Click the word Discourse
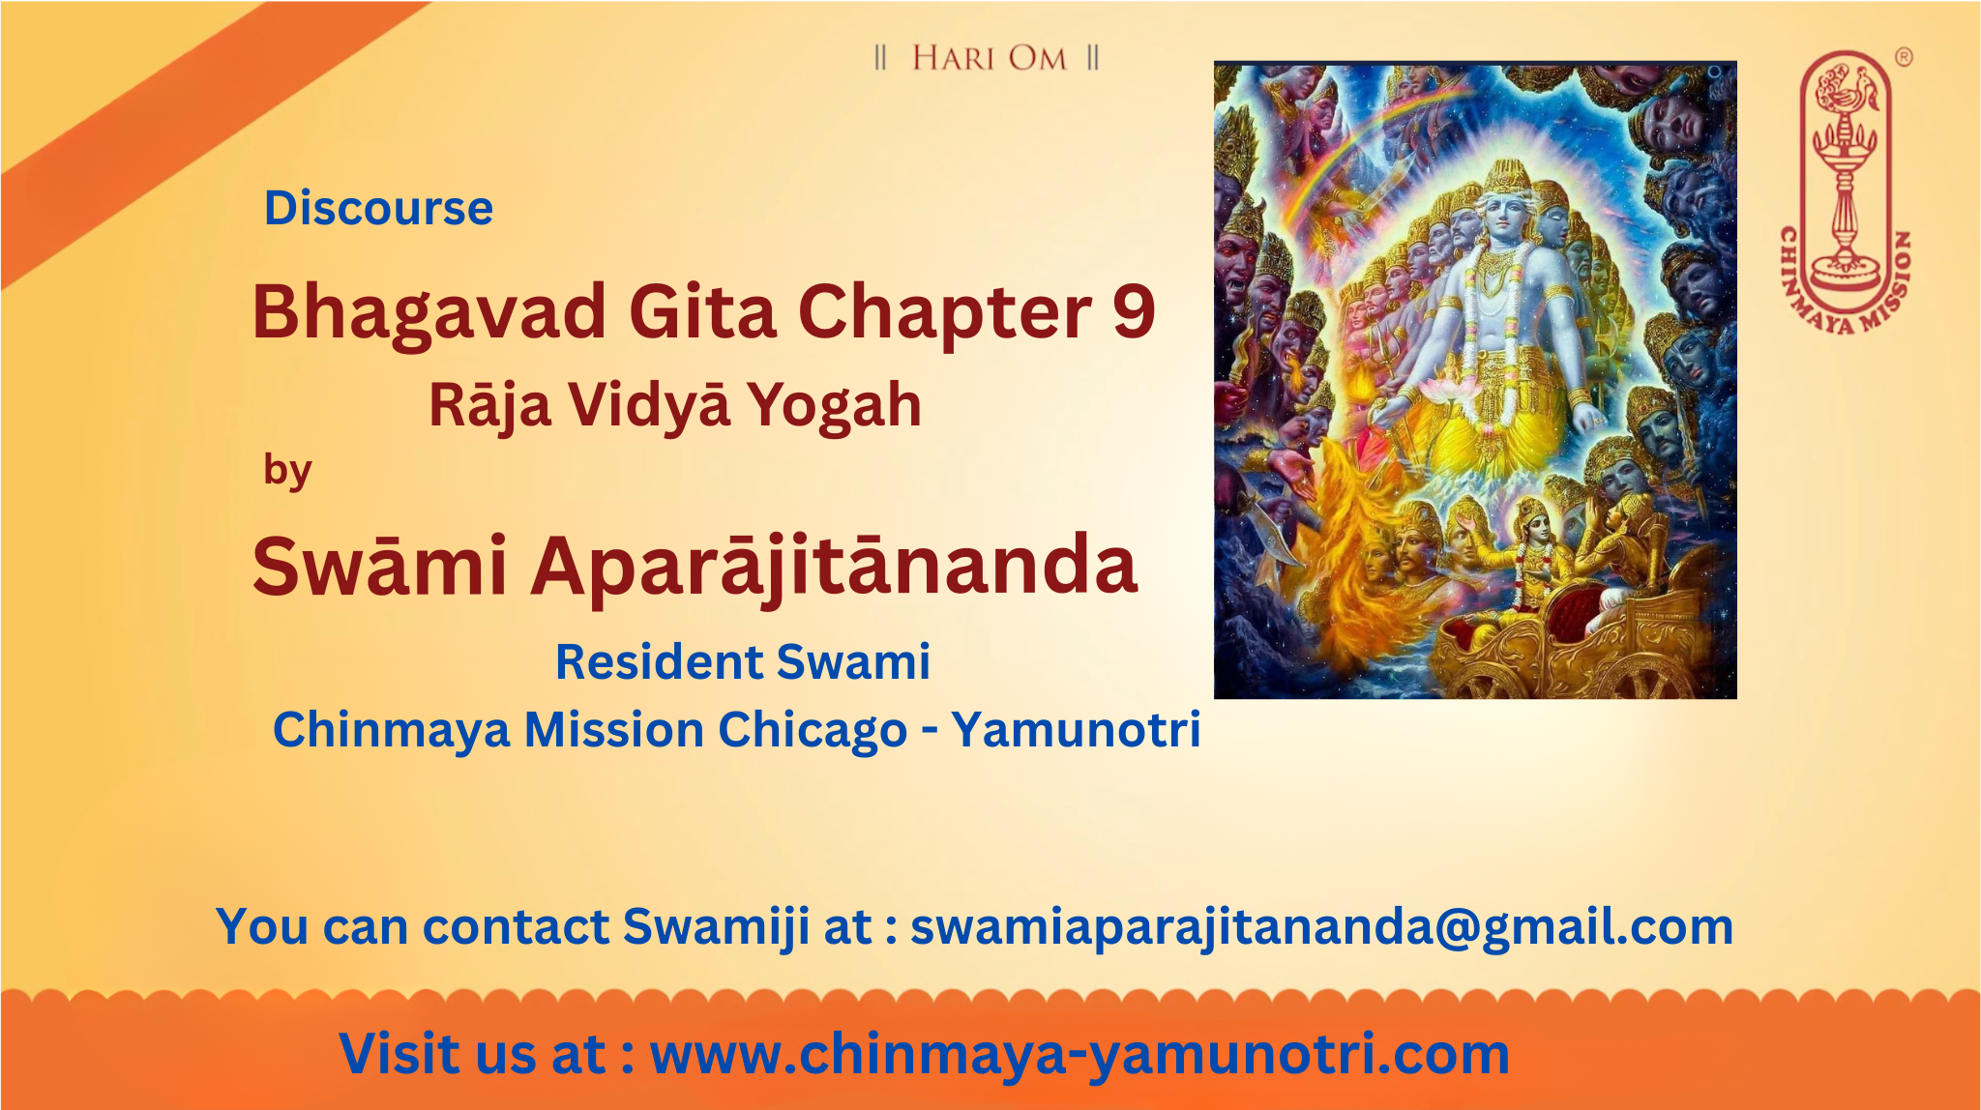(378, 208)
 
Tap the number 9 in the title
(1134, 311)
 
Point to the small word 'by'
(287, 471)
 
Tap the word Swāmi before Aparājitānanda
(380, 566)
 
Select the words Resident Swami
(743, 662)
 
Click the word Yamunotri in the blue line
(1076, 729)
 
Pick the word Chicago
(813, 730)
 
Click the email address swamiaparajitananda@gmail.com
(1321, 926)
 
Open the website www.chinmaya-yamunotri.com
(1079, 1054)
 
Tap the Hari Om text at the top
(988, 58)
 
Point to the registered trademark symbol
(1903, 57)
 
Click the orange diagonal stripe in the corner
(193, 135)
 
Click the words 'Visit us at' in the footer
(473, 1054)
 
